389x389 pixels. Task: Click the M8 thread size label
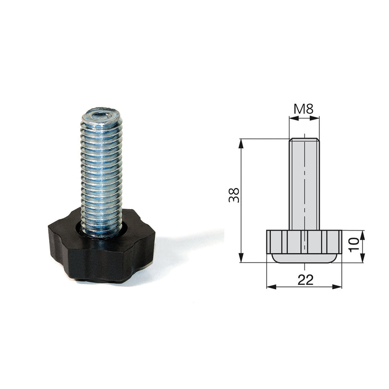pyautogui.click(x=304, y=108)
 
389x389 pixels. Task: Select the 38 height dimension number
pyautogui.click(x=234, y=195)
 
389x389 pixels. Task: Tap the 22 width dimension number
pyautogui.click(x=304, y=279)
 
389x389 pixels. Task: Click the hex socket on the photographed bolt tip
pyautogui.click(x=100, y=115)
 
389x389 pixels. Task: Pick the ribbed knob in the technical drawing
pyautogui.click(x=304, y=241)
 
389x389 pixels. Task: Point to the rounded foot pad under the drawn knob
pyautogui.click(x=304, y=258)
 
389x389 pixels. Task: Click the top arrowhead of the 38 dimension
pyautogui.click(x=241, y=142)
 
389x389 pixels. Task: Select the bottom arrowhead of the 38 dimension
pyautogui.click(x=241, y=259)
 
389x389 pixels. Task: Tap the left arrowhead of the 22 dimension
pyautogui.click(x=269, y=287)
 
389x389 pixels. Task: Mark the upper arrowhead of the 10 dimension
pyautogui.click(x=362, y=233)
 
